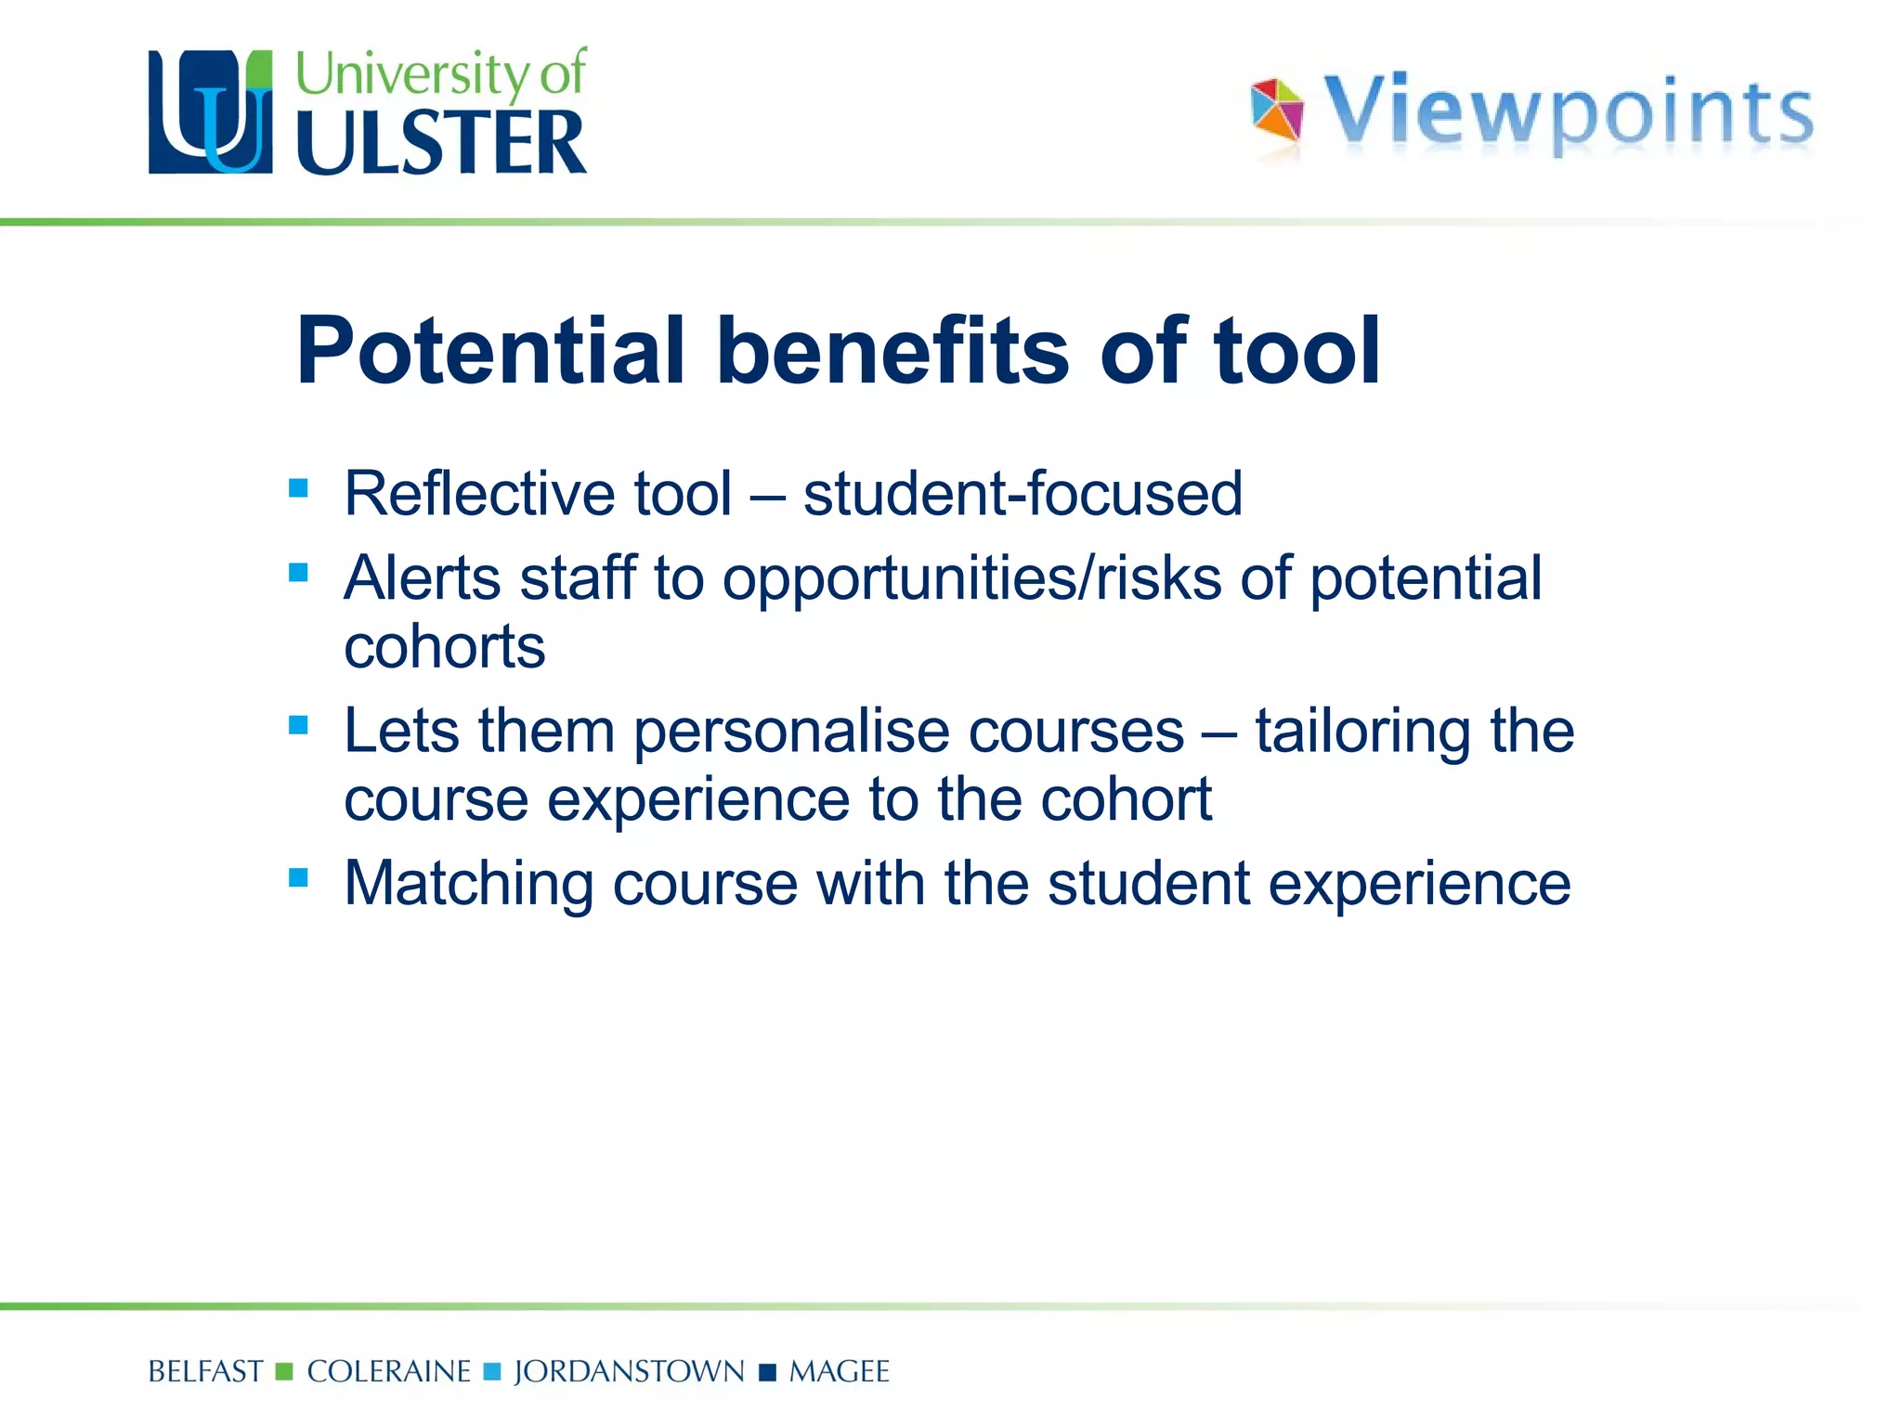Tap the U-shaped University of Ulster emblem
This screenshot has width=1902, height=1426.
pos(211,112)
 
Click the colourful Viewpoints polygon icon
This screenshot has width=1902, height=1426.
pos(1276,111)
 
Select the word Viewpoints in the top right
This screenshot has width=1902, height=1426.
pos(1568,113)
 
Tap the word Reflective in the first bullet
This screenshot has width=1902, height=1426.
pos(479,493)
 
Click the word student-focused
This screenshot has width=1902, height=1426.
pos(1023,493)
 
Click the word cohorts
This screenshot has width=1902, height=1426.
pos(445,646)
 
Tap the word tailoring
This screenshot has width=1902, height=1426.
pos(1363,732)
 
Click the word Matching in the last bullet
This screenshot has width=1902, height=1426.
pos(469,883)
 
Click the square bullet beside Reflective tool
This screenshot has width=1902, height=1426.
pos(298,488)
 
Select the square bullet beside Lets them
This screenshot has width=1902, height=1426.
pos(298,725)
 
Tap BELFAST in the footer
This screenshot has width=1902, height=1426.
pos(205,1371)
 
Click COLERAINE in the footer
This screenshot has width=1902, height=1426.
pos(389,1371)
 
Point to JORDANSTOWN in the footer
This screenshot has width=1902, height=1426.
pos(629,1371)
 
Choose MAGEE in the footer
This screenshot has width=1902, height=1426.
pos(839,1371)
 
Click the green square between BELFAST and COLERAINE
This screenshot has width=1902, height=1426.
pos(285,1371)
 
